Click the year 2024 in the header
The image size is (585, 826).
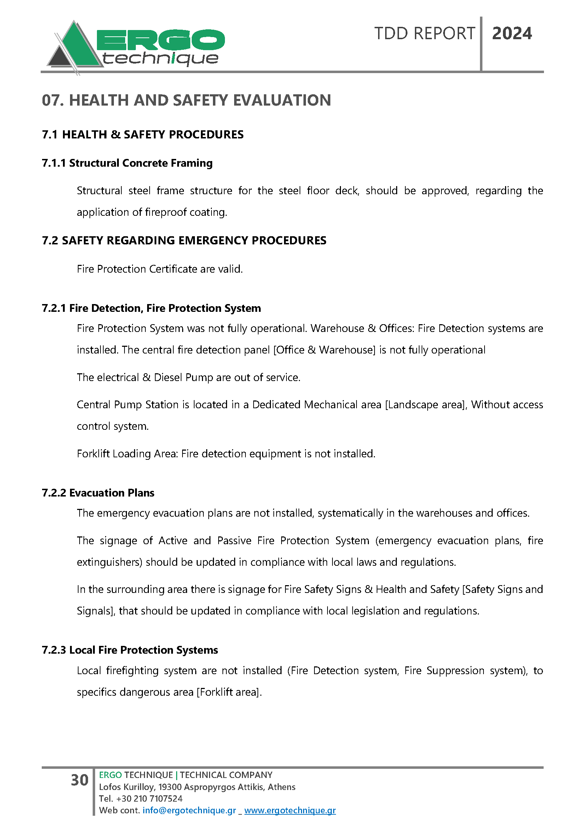click(511, 34)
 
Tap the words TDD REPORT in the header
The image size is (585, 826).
click(424, 34)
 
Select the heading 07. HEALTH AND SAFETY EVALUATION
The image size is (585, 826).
click(186, 100)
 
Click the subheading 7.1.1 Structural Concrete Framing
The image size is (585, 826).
click(127, 163)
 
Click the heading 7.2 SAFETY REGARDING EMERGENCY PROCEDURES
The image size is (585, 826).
click(184, 240)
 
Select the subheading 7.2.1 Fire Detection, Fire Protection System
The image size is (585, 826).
click(151, 308)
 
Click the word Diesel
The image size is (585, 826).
click(168, 378)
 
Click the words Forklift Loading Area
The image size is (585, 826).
click(127, 454)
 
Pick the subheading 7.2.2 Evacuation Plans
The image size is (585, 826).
click(98, 493)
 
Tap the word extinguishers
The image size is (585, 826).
click(110, 562)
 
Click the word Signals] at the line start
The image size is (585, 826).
click(96, 611)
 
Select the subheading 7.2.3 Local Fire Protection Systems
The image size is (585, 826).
click(130, 650)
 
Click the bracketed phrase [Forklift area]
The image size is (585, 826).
click(228, 692)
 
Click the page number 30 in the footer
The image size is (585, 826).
click(80, 780)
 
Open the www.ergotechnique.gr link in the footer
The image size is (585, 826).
click(290, 810)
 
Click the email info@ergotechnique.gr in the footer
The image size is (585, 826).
click(189, 810)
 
